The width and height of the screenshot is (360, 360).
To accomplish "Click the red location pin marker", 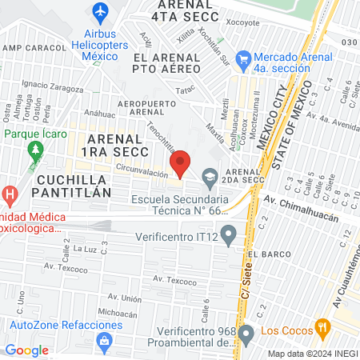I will coord(181,163).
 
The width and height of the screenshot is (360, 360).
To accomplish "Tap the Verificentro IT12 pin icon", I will coord(230,235).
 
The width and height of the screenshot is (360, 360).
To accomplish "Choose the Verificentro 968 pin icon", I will coord(246,332).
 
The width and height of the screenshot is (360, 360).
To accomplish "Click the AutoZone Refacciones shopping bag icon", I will coord(102,340).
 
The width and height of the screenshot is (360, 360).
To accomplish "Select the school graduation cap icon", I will coord(210,175).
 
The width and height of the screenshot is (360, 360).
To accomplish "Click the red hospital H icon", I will coord(10,194).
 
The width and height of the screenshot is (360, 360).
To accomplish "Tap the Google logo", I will coord(26,350).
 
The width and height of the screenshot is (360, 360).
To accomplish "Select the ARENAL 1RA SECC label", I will coord(118,146).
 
